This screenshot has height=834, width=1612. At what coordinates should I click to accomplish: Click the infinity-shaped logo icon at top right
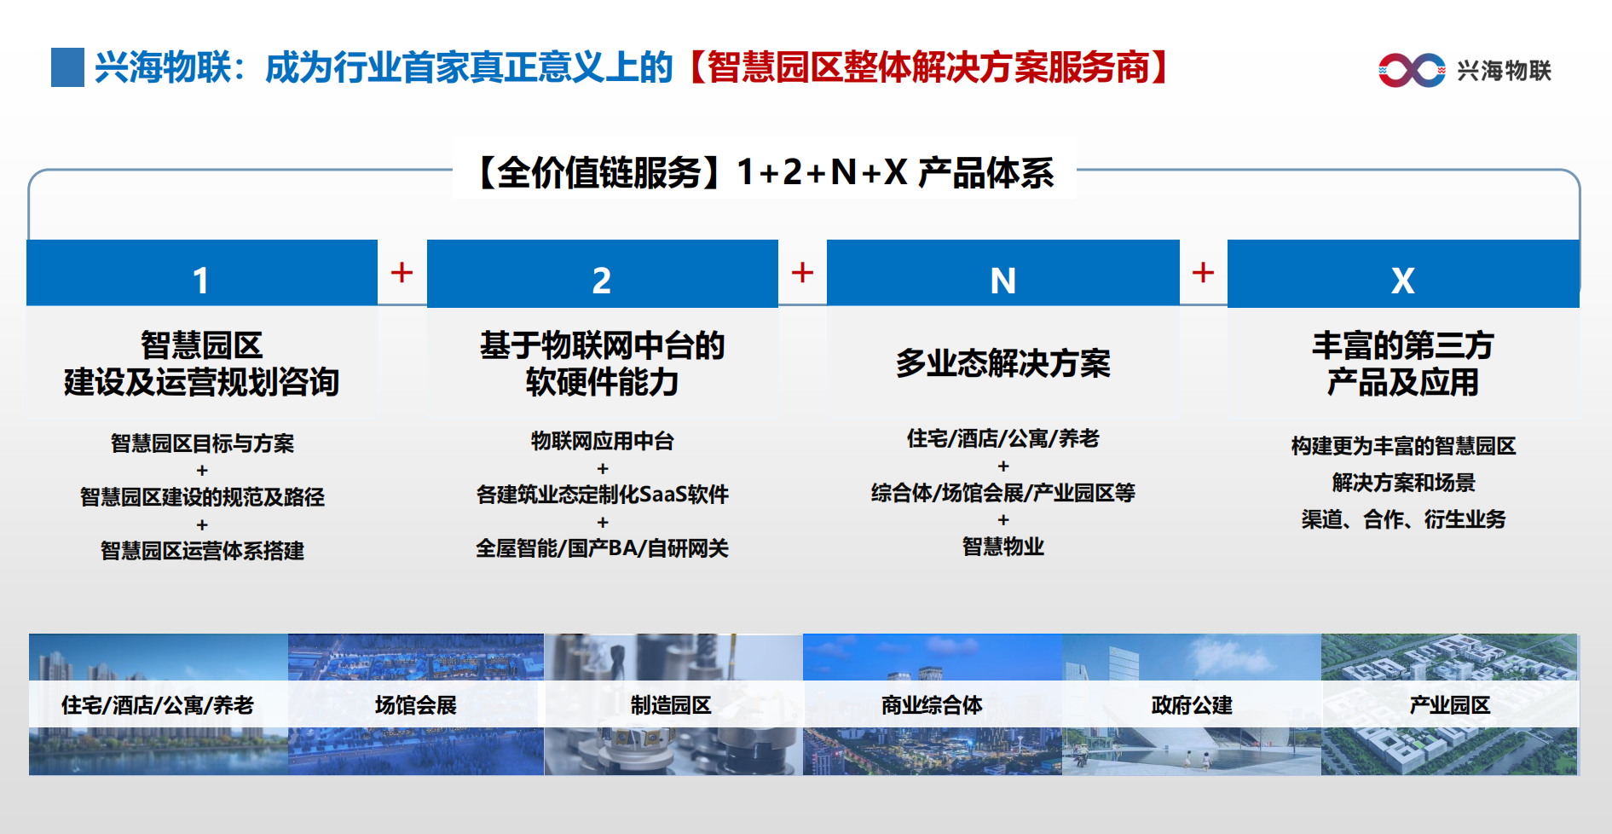coord(1412,70)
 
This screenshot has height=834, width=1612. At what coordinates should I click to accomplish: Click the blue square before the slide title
coord(67,67)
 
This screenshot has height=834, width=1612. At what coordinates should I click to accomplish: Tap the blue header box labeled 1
coord(202,273)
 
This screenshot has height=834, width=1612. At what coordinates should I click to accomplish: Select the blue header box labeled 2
coord(602,273)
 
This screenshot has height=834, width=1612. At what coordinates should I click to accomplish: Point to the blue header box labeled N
coord(1002,273)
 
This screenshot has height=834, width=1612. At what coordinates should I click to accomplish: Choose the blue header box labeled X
coord(1403,273)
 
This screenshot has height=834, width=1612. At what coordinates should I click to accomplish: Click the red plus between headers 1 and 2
coord(402,273)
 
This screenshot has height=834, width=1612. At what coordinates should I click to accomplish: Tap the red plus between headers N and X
coord(1203,273)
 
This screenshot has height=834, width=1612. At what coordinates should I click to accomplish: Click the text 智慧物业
coord(1003,547)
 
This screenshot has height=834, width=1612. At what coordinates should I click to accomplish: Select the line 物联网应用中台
coord(603,441)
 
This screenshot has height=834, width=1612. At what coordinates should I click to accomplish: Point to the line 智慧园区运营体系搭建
coord(202,551)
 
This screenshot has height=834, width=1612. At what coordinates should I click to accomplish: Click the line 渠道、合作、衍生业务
coord(1403,519)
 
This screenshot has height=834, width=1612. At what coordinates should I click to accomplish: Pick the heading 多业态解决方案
coord(1003,363)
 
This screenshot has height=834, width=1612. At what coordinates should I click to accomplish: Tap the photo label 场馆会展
coord(416,705)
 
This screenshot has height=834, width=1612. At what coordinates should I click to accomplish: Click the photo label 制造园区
coord(671,705)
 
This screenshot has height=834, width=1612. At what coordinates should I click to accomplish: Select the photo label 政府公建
coord(1192,705)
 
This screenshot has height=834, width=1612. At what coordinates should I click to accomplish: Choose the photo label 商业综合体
coord(932,705)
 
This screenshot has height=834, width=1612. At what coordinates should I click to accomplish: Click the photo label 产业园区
coord(1450,705)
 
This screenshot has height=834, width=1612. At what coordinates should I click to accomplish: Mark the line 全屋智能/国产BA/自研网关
coord(603,548)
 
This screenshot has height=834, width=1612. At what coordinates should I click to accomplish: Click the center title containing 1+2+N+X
coord(765,172)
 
